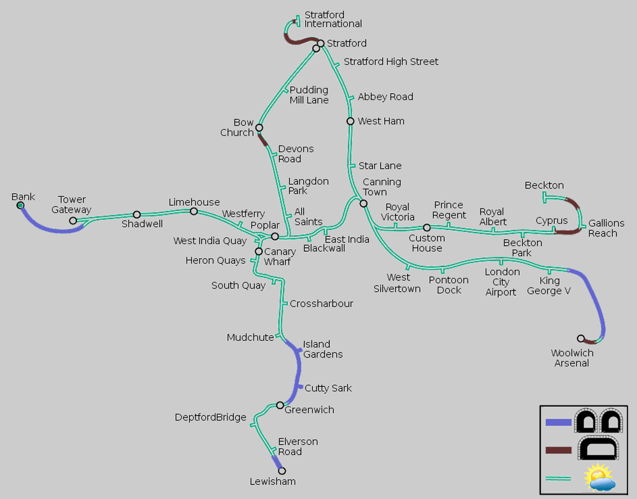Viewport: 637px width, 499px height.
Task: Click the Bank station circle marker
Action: pyautogui.click(x=20, y=205)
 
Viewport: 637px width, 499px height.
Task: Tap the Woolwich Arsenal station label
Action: pyautogui.click(x=572, y=358)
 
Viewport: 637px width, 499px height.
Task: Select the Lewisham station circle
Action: pyautogui.click(x=282, y=470)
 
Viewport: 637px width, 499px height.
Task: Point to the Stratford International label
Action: pyautogui.click(x=333, y=19)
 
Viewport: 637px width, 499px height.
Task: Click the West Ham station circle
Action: pyautogui.click(x=350, y=121)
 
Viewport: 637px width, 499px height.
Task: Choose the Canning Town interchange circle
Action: pyautogui.click(x=364, y=203)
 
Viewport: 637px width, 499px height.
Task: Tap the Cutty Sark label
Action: pyautogui.click(x=328, y=388)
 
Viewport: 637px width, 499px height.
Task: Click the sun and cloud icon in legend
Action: pyautogui.click(x=599, y=477)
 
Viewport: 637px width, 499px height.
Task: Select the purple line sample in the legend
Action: pyautogui.click(x=558, y=423)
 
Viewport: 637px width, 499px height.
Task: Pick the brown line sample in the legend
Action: pyautogui.click(x=558, y=450)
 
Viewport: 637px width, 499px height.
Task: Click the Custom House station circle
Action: pyautogui.click(x=427, y=228)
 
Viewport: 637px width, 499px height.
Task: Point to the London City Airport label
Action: pyautogui.click(x=501, y=282)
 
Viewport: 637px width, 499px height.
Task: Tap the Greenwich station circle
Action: pyautogui.click(x=280, y=405)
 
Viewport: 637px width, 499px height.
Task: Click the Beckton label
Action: pyautogui.click(x=545, y=185)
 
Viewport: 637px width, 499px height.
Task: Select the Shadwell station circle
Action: pyautogui.click(x=137, y=215)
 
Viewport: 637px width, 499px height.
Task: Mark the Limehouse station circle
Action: pyautogui.click(x=194, y=212)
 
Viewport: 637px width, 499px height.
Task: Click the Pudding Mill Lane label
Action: pyautogui.click(x=309, y=95)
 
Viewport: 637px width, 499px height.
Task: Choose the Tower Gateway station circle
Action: pyautogui.click(x=73, y=221)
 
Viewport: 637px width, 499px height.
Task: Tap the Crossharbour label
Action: pyautogui.click(x=322, y=303)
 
